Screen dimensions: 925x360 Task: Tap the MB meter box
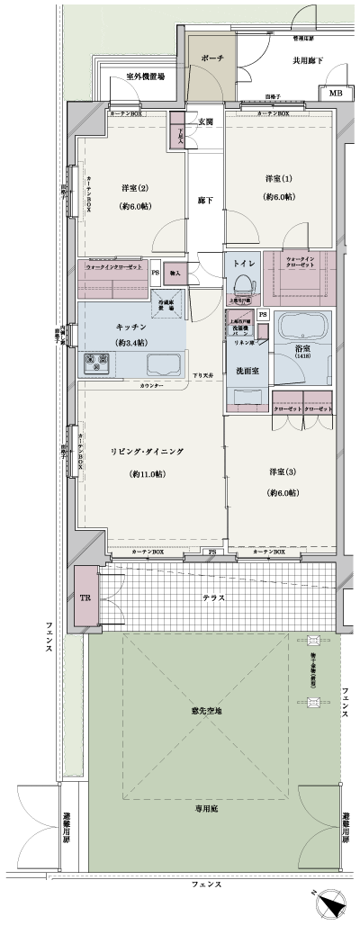(335, 94)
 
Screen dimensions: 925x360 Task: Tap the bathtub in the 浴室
(302, 330)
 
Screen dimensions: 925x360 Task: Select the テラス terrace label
(213, 597)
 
